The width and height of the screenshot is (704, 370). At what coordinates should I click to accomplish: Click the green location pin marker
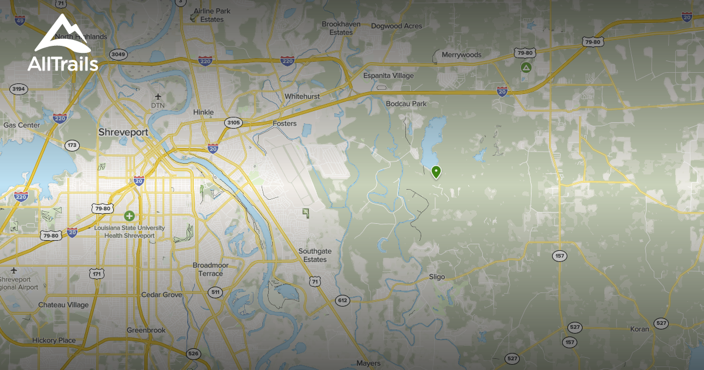436,171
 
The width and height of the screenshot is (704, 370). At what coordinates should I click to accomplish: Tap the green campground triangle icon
526,68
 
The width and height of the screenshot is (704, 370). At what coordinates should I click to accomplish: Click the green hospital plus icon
129,216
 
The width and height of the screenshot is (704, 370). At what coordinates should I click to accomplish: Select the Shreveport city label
123,132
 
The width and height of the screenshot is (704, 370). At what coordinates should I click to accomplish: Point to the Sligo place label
437,277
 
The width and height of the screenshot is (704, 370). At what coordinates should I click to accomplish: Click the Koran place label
639,329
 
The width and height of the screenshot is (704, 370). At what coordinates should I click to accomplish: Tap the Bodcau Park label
406,104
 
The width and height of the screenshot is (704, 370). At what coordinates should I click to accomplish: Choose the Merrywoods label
461,55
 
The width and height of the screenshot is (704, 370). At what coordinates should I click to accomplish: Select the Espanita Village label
388,76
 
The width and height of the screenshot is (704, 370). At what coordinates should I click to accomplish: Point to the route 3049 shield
119,55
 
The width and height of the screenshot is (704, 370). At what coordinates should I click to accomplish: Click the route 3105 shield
233,122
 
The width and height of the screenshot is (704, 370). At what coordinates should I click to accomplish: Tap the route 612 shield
343,300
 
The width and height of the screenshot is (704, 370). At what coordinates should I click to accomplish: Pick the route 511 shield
216,292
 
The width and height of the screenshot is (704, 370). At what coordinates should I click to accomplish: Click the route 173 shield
73,144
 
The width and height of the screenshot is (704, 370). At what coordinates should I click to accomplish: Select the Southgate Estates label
315,255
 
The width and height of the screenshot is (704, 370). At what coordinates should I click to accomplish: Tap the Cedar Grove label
162,295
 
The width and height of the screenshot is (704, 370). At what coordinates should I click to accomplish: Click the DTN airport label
158,105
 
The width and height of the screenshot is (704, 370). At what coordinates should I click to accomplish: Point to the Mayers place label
368,364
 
